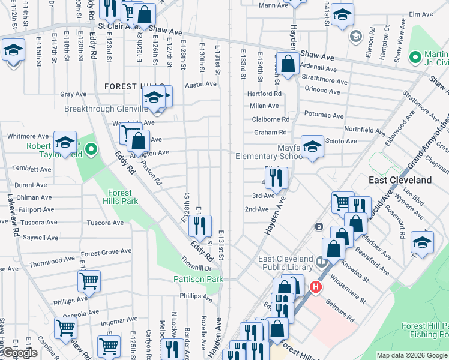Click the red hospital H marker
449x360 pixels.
tap(314, 288)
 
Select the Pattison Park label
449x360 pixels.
tap(198, 279)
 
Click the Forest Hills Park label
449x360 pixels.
tap(122, 197)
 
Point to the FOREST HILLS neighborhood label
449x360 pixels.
tap(129, 86)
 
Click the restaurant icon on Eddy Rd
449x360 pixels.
tap(199, 226)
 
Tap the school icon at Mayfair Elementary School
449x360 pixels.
tap(312, 146)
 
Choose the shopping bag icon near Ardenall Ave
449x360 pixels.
tap(288, 64)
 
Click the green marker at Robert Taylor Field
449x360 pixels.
tap(91, 148)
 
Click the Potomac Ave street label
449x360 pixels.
tap(324, 115)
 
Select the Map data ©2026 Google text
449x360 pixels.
tap(412, 355)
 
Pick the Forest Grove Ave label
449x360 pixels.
tap(107, 252)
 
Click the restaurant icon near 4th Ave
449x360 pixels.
tap(276, 177)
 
